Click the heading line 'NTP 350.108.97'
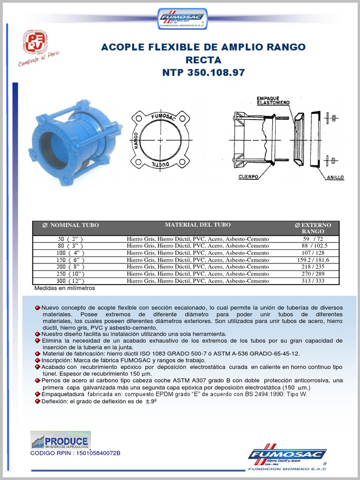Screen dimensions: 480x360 pos(203,73)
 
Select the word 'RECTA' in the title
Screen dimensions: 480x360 pos(203,60)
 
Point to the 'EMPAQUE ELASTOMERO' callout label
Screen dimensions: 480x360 pos(273,100)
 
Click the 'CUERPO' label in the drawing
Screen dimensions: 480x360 pos(249,177)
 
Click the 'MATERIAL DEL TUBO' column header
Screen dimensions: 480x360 pos(197,225)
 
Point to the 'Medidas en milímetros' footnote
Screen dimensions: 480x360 pos(64,288)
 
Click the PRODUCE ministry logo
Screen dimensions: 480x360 pos(60,440)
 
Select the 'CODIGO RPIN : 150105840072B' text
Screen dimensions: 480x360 pos(75,453)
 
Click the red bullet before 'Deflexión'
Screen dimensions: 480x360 pos(37,402)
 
